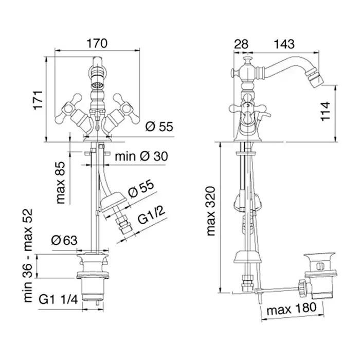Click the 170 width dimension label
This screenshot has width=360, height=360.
click(x=97, y=43)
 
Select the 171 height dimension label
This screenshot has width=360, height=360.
click(x=39, y=100)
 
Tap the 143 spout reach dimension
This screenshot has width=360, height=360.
click(x=284, y=44)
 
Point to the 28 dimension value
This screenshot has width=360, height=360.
click(x=241, y=44)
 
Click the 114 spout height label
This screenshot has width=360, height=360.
click(x=326, y=111)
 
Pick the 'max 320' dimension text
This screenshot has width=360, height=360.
click(x=211, y=211)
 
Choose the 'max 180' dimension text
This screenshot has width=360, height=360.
click(x=292, y=309)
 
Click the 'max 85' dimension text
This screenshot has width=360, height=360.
click(x=61, y=183)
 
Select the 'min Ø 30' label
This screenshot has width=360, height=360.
click(x=141, y=156)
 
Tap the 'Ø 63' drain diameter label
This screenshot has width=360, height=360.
click(x=64, y=240)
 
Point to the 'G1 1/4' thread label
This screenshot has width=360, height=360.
click(x=59, y=299)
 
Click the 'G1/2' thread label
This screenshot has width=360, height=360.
click(x=152, y=216)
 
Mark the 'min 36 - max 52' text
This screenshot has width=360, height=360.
click(x=28, y=256)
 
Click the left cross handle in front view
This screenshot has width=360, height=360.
click(x=69, y=107)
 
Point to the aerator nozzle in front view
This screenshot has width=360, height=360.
click(x=97, y=86)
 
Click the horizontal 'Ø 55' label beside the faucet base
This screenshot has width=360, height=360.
click(x=159, y=127)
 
